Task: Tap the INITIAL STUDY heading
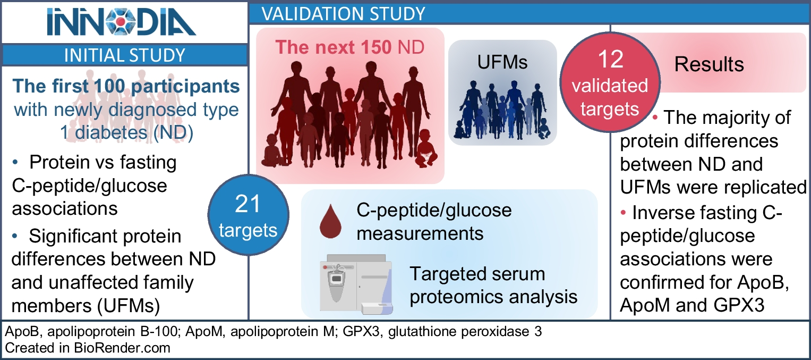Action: point(124,55)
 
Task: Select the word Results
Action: point(709,64)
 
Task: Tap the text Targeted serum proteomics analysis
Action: point(493,285)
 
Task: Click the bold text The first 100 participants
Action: point(126,86)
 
